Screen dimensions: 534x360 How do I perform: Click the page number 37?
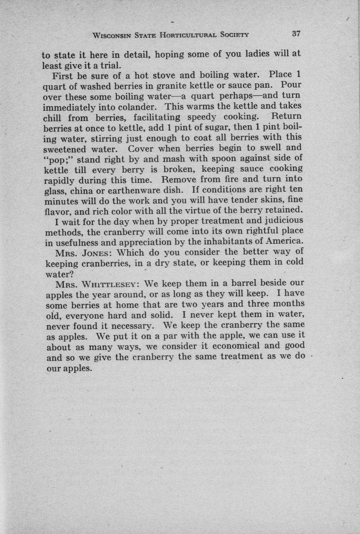point(296,34)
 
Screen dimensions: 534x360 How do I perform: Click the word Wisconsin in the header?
point(112,35)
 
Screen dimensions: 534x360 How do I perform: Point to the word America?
point(284,241)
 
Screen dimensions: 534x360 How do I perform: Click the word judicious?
point(284,221)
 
